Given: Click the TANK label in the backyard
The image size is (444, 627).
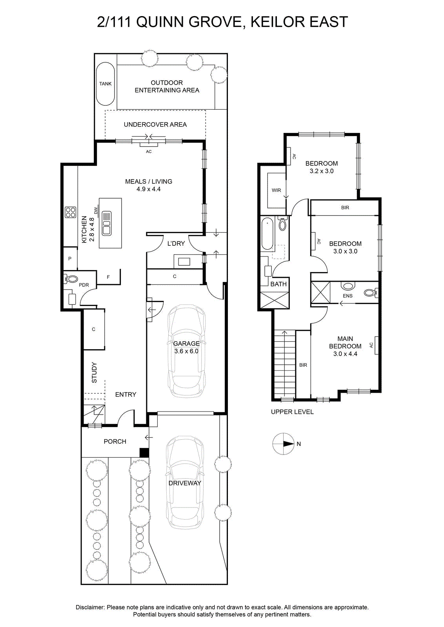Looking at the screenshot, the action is pyautogui.click(x=106, y=84).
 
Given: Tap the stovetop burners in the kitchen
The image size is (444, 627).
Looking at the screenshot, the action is pyautogui.click(x=70, y=212).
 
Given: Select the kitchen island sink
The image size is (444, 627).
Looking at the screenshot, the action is pyautogui.click(x=106, y=223).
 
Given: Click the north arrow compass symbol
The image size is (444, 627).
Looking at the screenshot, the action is pyautogui.click(x=284, y=444).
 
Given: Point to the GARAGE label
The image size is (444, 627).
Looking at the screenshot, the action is pyautogui.click(x=186, y=343).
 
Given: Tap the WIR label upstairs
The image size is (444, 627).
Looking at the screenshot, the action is pyautogui.click(x=276, y=190).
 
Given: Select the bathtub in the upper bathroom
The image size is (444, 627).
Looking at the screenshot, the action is pyautogui.click(x=267, y=234).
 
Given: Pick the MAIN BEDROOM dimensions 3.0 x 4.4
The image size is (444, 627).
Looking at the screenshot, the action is pyautogui.click(x=345, y=354).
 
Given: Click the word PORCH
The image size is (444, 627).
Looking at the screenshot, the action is pyautogui.click(x=115, y=441).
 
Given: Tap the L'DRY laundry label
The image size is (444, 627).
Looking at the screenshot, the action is pyautogui.click(x=176, y=243).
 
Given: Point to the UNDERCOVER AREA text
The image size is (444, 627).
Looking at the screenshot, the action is pyautogui.click(x=155, y=125).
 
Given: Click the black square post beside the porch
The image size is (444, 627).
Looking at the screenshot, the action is pyautogui.click(x=144, y=453).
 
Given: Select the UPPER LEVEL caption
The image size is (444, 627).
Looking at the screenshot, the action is pyautogui.click(x=292, y=412).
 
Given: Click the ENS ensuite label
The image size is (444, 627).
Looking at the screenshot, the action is pyautogui.click(x=348, y=296).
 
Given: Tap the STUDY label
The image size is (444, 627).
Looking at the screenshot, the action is pyautogui.click(x=94, y=373).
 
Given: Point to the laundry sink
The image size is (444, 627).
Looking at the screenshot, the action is pyautogui.click(x=184, y=262).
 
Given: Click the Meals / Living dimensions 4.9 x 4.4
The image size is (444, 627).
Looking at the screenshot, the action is pyautogui.click(x=149, y=189).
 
